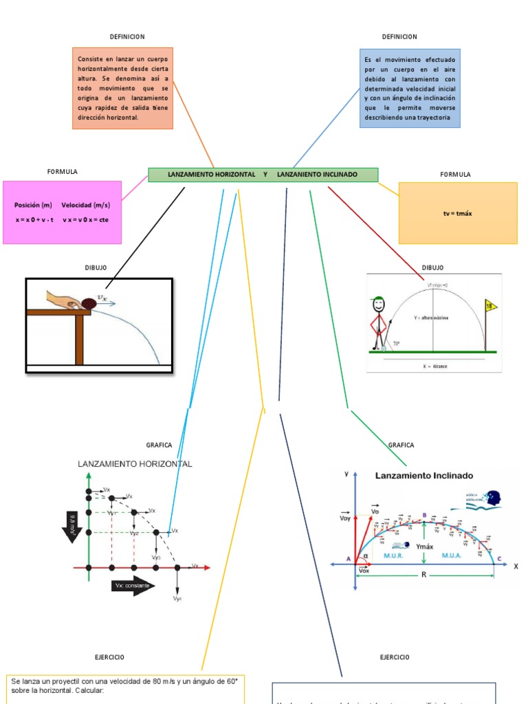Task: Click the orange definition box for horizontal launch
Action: point(122,88)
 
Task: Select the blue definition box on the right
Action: point(410,88)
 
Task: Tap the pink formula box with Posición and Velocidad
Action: point(62,212)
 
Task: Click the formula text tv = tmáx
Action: point(457,213)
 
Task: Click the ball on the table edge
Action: point(89,302)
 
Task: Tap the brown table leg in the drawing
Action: point(79,340)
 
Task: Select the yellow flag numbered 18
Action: point(490,305)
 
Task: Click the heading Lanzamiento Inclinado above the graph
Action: point(423,475)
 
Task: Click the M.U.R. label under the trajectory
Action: point(393,555)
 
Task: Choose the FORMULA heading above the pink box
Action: point(62,171)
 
